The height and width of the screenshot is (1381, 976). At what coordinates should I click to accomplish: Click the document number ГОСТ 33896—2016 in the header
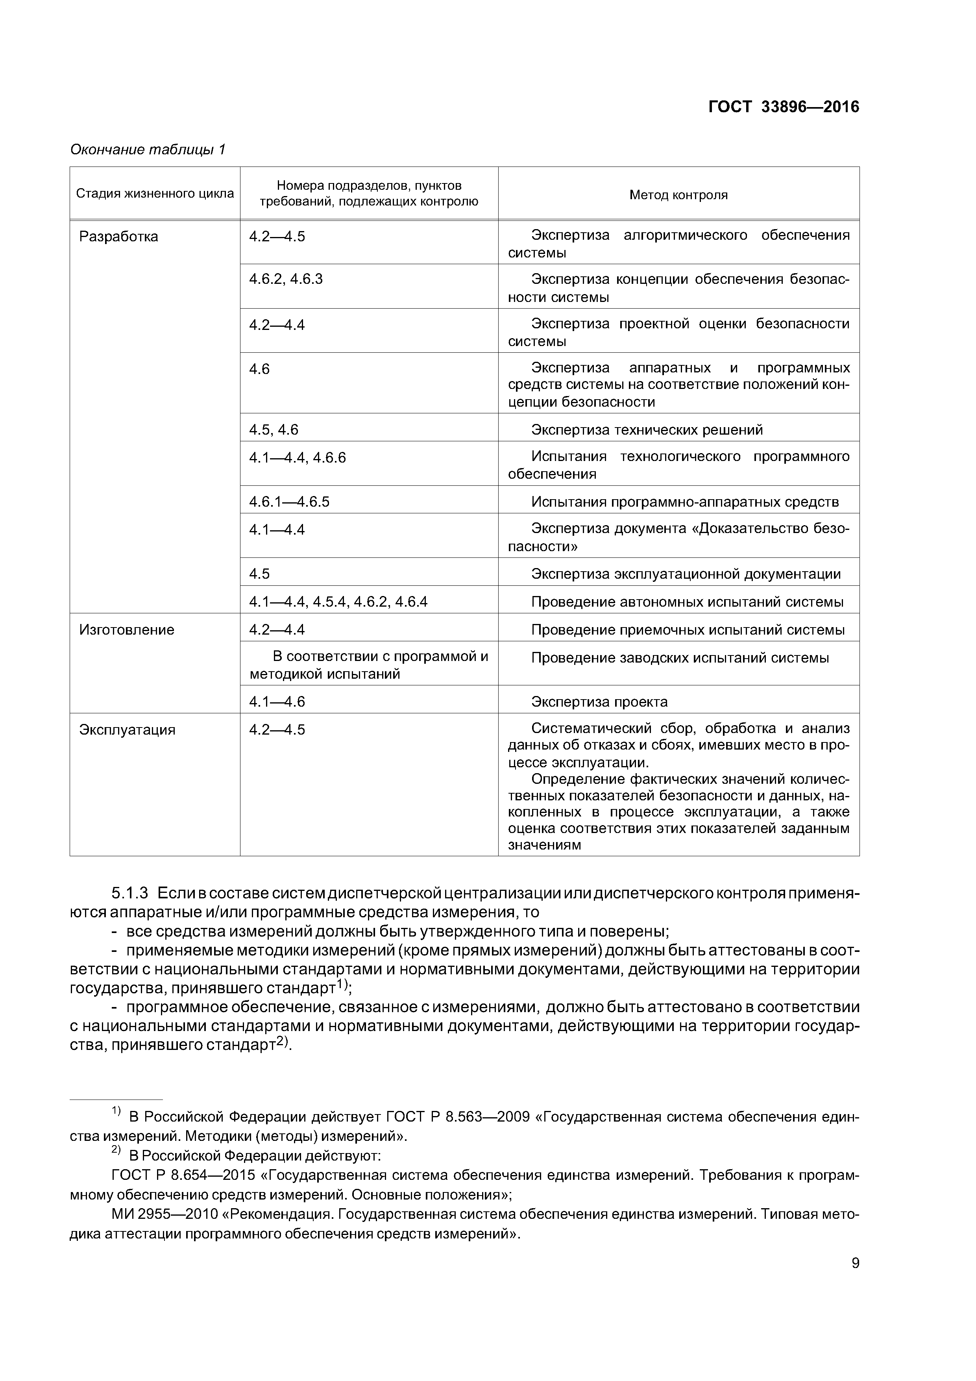tap(783, 107)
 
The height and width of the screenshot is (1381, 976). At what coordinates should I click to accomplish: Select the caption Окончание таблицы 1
tap(147, 149)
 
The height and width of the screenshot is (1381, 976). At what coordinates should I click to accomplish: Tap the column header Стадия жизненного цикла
tap(155, 194)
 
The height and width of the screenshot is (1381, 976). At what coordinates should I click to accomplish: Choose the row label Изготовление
tap(126, 630)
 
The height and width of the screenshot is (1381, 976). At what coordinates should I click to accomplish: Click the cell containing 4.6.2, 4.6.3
tap(286, 279)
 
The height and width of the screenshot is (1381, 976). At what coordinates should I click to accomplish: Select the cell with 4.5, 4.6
tap(274, 429)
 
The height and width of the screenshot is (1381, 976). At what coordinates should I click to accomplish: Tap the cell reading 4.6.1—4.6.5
tap(289, 502)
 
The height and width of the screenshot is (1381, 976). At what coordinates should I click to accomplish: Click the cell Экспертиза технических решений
tap(647, 429)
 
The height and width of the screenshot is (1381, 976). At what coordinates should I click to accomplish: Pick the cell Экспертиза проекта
tap(599, 702)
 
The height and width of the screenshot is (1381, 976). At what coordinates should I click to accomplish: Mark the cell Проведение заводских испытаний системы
tap(680, 657)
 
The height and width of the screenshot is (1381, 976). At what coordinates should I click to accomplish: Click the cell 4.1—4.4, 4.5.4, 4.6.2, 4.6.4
tap(338, 602)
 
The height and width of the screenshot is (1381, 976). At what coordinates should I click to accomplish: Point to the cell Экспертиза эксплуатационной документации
tap(686, 574)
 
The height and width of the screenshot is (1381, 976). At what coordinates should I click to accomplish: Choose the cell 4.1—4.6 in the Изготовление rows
tap(277, 702)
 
